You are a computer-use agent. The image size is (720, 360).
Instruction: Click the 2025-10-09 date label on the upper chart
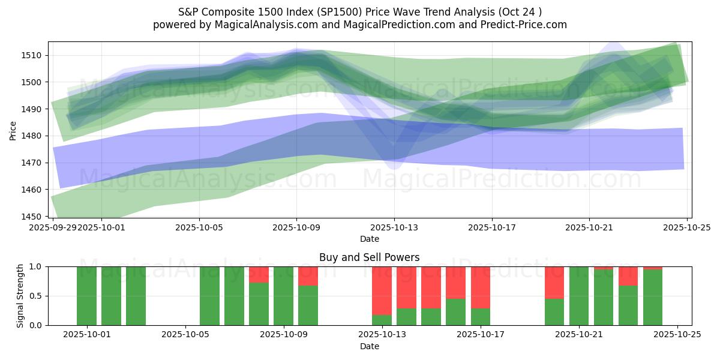(x=296, y=227)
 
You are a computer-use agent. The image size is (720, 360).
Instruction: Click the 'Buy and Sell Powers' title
(x=370, y=257)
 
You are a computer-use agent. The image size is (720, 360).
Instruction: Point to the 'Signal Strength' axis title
(x=20, y=296)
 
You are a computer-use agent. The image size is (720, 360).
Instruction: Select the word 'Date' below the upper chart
(x=370, y=239)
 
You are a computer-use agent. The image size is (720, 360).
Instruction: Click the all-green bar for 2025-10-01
(x=87, y=296)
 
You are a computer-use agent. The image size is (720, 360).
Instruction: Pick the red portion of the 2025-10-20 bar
(x=554, y=282)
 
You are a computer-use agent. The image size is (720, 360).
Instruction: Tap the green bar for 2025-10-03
(x=136, y=296)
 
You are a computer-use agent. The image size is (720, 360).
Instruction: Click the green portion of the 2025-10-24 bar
(x=653, y=298)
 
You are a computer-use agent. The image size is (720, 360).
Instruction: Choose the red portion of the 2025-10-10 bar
(x=308, y=276)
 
